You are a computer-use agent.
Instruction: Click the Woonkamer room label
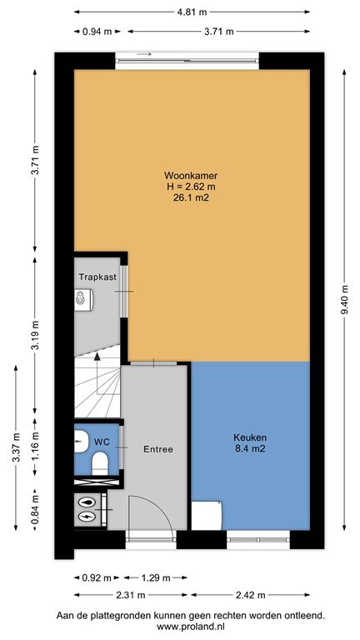190,176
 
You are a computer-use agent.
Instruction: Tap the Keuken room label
250,437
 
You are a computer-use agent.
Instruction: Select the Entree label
158,449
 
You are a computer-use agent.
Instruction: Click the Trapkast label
97,277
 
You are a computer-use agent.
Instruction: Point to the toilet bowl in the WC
99,464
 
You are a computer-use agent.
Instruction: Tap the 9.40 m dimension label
345,299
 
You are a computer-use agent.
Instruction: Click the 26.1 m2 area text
190,198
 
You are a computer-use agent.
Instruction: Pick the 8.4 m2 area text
250,449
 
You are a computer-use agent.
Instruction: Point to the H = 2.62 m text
190,187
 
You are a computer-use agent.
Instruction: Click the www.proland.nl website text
190,626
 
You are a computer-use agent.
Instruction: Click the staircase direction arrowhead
97,357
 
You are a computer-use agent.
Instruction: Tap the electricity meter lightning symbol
87,517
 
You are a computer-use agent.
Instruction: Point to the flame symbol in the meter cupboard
87,502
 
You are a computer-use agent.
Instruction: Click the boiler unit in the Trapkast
84,297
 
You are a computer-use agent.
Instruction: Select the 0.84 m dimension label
35,510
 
